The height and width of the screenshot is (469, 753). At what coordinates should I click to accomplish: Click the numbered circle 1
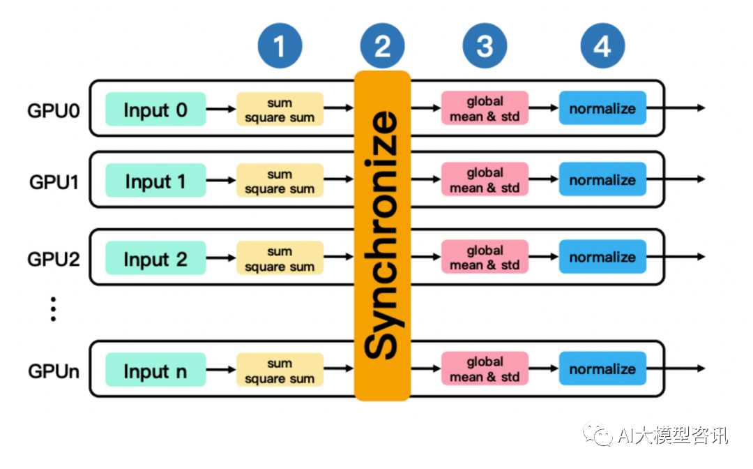[280, 47]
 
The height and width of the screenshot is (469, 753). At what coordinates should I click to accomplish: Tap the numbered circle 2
[382, 47]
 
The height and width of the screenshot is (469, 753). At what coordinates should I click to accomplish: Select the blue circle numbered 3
[485, 47]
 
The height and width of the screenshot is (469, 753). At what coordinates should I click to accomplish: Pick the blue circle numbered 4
[602, 47]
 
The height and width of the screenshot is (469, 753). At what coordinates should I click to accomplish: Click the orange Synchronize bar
[382, 235]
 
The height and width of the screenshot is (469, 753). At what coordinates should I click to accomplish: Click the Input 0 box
[155, 109]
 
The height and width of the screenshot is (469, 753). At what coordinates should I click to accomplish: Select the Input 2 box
[155, 258]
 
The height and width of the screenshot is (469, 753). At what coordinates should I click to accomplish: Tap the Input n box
[155, 370]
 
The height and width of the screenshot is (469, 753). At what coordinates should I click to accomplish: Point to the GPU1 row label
[54, 182]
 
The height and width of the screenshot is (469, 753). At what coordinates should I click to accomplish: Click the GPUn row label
[54, 371]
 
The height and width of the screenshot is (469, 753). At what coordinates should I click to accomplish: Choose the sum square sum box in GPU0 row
[280, 110]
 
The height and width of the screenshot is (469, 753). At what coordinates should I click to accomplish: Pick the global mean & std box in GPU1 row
[485, 180]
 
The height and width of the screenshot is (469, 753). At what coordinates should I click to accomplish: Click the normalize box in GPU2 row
[602, 258]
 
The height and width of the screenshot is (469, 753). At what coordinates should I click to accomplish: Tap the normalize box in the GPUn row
[602, 369]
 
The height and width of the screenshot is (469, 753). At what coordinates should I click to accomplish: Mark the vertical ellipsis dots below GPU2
[53, 309]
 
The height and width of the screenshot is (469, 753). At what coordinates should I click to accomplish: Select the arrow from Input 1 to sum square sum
[221, 181]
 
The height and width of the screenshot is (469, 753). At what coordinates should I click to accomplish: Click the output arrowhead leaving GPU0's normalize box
[700, 108]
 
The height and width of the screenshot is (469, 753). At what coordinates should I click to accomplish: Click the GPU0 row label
[54, 110]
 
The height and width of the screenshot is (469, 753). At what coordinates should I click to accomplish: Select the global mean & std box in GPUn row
[485, 369]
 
